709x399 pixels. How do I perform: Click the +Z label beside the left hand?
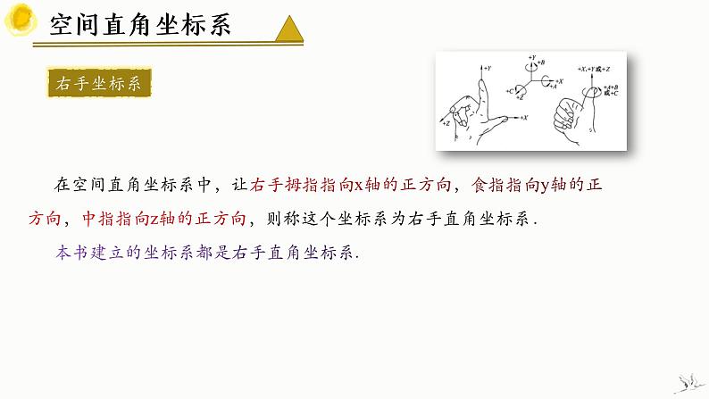pyautogui.click(x=445, y=123)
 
